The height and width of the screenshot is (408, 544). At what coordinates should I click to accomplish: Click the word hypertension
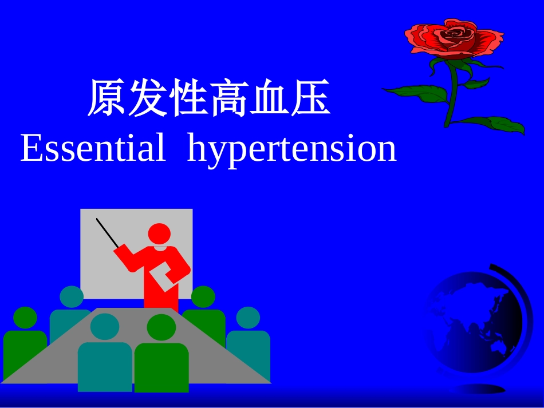[x=291, y=150]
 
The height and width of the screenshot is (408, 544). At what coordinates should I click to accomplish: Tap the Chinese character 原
[x=108, y=99]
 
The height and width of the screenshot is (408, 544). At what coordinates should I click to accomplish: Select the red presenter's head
[x=159, y=235]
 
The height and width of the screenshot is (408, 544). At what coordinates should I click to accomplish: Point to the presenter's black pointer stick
[x=108, y=233]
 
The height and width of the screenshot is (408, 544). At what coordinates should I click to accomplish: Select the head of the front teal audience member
[x=105, y=326]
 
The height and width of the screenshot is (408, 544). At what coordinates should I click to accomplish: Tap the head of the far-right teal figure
[x=248, y=318]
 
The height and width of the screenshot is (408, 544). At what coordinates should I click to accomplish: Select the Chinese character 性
[x=188, y=99]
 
